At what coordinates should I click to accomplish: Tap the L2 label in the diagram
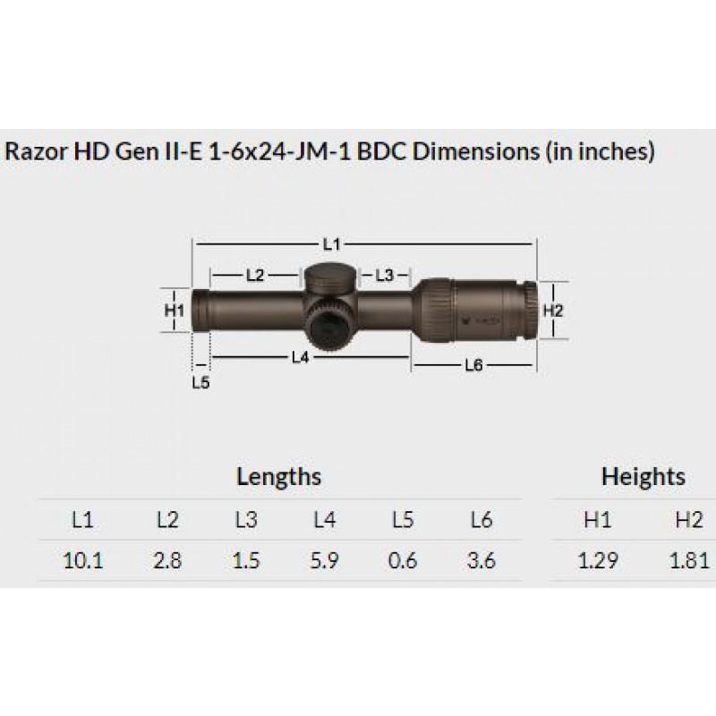coord(254,276)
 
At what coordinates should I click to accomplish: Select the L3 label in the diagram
coord(385,276)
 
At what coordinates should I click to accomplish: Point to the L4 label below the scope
coord(301,357)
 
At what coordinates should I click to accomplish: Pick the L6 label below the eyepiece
coord(474,365)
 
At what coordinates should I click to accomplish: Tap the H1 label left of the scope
coord(175,311)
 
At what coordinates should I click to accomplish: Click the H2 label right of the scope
coord(552,311)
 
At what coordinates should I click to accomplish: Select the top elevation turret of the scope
coord(329,279)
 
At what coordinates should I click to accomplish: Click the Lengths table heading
coord(278,476)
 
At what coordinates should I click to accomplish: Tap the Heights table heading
coord(643,476)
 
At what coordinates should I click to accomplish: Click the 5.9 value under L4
coord(323,561)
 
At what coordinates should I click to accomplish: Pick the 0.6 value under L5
coord(404,561)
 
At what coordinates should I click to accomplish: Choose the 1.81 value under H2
coord(688,561)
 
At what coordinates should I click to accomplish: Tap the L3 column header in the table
coord(246,520)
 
